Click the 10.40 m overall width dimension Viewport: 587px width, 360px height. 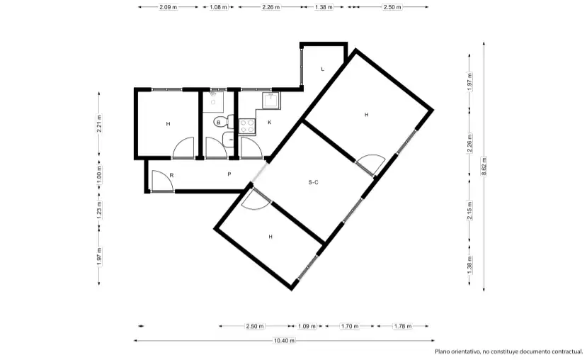284,341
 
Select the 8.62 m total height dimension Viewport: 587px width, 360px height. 484,166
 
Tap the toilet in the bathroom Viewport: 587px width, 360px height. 223,122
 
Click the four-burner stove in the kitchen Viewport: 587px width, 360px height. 246,126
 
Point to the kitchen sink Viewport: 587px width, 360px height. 270,101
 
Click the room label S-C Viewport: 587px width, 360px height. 314,182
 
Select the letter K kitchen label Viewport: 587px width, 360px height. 270,123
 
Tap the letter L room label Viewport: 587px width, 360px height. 322,69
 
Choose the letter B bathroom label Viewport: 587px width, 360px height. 219,123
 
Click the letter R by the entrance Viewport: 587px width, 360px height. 171,175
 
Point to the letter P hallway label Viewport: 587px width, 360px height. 229,174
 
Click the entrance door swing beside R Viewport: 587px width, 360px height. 161,181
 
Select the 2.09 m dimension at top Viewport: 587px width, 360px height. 168,7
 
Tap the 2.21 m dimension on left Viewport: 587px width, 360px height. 99,123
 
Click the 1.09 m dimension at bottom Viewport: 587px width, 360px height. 307,326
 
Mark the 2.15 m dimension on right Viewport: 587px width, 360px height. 469,210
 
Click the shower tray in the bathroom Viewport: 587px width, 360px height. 213,102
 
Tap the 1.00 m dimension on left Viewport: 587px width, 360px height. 99,175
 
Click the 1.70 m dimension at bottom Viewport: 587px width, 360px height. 350,326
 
